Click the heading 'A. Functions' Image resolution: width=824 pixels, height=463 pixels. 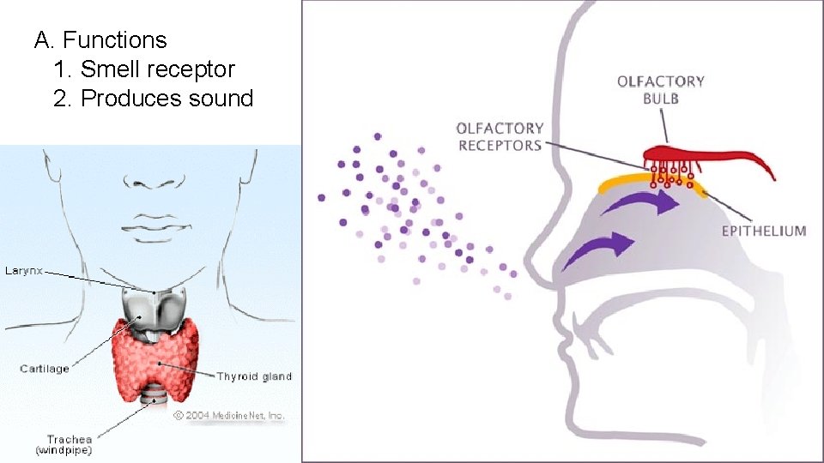pyautogui.click(x=100, y=40)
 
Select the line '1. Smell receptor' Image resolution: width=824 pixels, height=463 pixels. pyautogui.click(x=143, y=69)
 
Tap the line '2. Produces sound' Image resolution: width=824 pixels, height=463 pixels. pyautogui.click(x=153, y=99)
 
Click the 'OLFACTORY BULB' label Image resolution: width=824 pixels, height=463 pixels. pyautogui.click(x=660, y=89)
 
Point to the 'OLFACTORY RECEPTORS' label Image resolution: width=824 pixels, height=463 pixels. pyautogui.click(x=500, y=136)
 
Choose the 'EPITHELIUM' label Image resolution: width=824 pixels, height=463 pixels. pyautogui.click(x=764, y=230)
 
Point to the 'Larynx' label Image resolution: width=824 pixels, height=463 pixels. pyautogui.click(x=23, y=270)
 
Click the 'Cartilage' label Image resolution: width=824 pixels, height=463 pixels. pyautogui.click(x=45, y=369)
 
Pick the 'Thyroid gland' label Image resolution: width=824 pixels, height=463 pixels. pyautogui.click(x=253, y=376)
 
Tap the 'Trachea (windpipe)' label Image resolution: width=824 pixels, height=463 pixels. pyautogui.click(x=64, y=444)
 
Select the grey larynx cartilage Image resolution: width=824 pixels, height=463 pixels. pyautogui.click(x=154, y=309)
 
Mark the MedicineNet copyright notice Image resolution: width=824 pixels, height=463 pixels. pyautogui.click(x=228, y=415)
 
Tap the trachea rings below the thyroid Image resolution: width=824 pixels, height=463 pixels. pyautogui.click(x=156, y=396)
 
